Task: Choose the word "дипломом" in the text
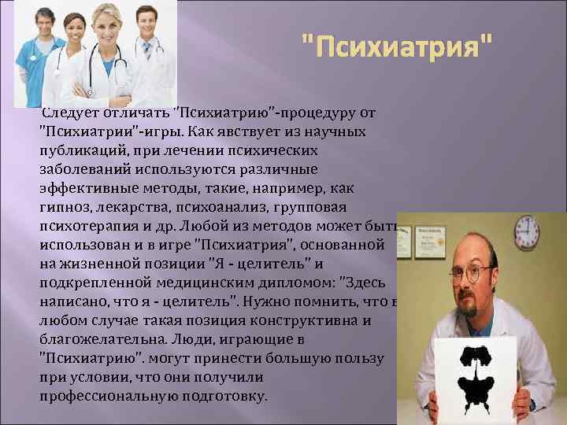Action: [291, 283]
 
